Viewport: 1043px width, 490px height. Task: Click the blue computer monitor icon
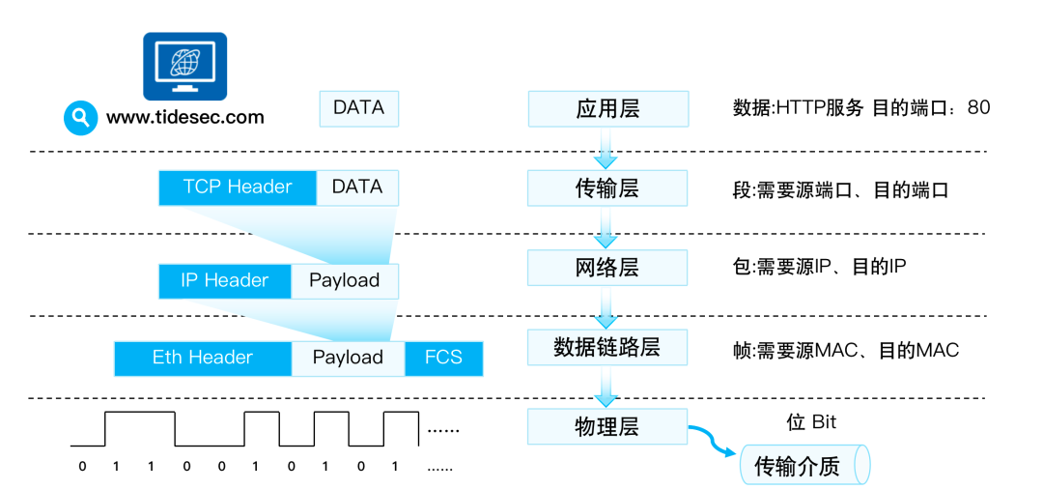[x=184, y=67]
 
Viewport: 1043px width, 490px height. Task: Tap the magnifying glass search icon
[x=81, y=118]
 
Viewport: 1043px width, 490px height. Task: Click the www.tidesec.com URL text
[x=184, y=117]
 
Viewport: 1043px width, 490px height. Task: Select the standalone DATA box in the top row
[x=358, y=108]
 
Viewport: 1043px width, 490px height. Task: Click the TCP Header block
[x=238, y=187]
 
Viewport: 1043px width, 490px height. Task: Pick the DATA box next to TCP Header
[x=357, y=187]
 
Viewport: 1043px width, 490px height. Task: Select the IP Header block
[x=224, y=281]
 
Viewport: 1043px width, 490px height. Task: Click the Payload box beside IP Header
[x=344, y=281]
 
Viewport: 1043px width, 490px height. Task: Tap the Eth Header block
[x=203, y=358]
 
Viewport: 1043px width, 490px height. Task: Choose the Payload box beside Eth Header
[x=348, y=358]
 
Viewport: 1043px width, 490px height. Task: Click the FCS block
[x=443, y=358]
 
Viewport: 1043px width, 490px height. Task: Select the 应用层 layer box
[x=607, y=108]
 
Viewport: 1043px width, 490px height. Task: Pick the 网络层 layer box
[x=607, y=268]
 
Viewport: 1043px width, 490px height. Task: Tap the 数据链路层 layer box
[x=607, y=347]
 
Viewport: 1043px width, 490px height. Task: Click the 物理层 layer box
[x=607, y=426]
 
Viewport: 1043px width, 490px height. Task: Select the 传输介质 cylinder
[x=803, y=466]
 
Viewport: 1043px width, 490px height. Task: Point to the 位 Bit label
[x=811, y=422]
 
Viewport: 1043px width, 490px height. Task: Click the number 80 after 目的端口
[x=978, y=107]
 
